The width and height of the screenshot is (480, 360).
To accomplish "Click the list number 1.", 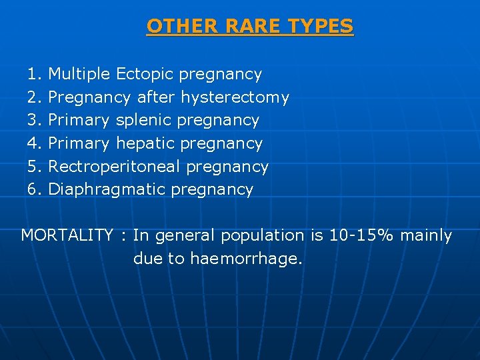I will (x=34, y=74).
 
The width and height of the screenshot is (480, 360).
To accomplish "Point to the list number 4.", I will (x=34, y=143).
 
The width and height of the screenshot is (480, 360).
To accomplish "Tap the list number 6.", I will (x=34, y=189).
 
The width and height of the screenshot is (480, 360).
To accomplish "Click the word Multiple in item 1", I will (x=80, y=74).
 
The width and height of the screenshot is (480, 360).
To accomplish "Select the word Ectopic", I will (x=145, y=74).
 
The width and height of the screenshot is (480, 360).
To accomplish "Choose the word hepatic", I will (x=146, y=143).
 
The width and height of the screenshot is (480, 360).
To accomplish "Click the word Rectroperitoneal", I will (x=115, y=167).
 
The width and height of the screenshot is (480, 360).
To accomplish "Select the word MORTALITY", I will (x=67, y=235).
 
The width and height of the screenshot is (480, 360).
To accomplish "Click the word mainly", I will (x=427, y=236).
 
